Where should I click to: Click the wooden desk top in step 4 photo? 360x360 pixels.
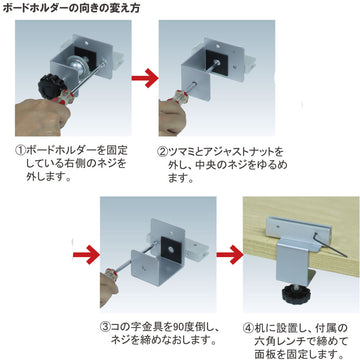coord(290,210)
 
